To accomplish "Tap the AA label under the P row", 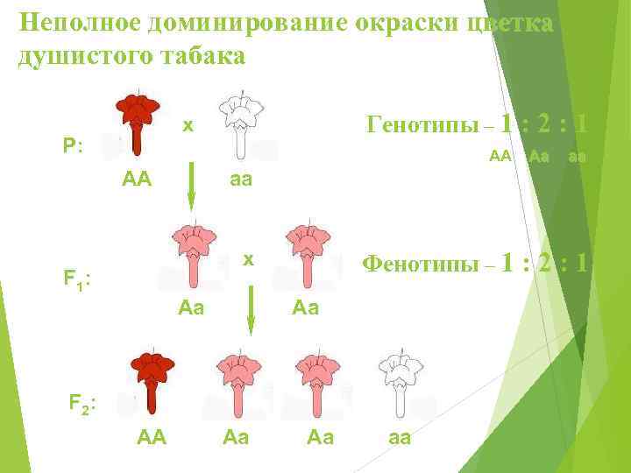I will click(138, 180).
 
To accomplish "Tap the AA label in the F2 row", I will click(152, 435).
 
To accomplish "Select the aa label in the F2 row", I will click(399, 435).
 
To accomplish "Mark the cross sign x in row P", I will click(188, 125).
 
